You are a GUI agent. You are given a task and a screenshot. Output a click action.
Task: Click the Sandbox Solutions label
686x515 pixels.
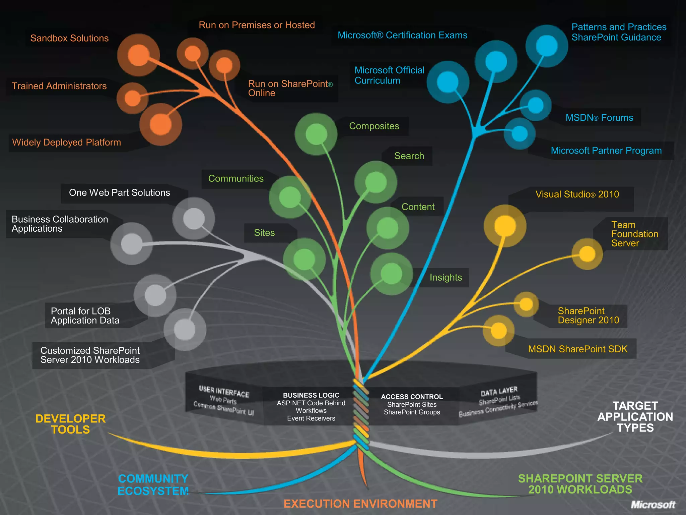pyautogui.click(x=69, y=38)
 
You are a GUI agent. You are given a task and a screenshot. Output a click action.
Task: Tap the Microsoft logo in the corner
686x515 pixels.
pyautogui.click(x=653, y=505)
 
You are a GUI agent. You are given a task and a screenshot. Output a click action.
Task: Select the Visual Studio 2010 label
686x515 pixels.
pyautogui.click(x=577, y=194)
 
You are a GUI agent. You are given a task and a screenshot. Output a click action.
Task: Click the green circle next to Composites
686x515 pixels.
pyautogui.click(x=316, y=134)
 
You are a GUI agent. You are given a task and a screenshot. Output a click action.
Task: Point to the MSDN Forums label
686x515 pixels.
pyautogui.click(x=599, y=118)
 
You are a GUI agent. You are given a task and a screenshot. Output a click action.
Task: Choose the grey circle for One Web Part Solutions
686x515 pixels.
pyautogui.click(x=194, y=219)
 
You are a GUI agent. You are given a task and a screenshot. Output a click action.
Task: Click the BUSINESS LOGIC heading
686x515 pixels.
pyautogui.click(x=311, y=395)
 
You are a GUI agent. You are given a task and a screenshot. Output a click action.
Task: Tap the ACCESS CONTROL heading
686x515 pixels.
pyautogui.click(x=412, y=397)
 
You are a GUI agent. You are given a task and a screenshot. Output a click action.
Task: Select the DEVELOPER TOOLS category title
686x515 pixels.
pyautogui.click(x=70, y=424)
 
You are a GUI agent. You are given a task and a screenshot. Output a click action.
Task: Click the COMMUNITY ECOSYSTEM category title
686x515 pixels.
pyautogui.click(x=153, y=485)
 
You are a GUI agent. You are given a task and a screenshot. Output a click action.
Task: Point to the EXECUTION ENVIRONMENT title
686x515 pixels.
pyautogui.click(x=360, y=504)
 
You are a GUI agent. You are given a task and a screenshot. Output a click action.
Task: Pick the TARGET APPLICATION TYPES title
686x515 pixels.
pyautogui.click(x=635, y=417)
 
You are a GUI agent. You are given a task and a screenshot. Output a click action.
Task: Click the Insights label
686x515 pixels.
pyautogui.click(x=445, y=278)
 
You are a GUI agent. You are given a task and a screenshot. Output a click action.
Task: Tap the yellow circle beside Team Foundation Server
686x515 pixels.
pyautogui.click(x=587, y=254)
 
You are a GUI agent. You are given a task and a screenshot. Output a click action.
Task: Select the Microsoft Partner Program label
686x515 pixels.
pyautogui.click(x=606, y=151)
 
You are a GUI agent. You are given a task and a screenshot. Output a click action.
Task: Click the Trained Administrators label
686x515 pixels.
pyautogui.click(x=59, y=86)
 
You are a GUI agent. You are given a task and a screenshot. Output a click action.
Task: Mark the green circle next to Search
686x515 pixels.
pyautogui.click(x=375, y=182)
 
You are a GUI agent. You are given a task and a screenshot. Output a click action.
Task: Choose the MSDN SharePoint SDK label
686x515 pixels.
pyautogui.click(x=577, y=349)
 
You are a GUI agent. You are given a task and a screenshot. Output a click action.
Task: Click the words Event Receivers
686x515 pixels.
pyautogui.click(x=311, y=418)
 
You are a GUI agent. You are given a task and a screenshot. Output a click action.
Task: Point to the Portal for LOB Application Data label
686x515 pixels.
pyautogui.click(x=85, y=316)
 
